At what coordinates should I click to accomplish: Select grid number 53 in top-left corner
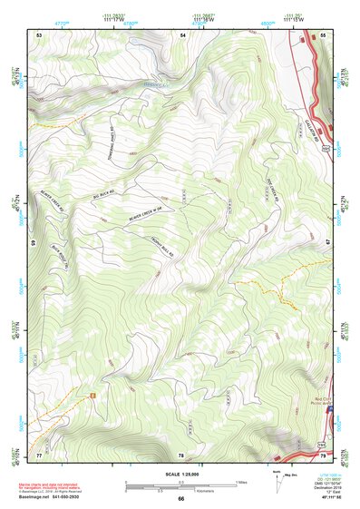(x=40, y=34)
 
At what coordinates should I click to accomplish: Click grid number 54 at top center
(x=182, y=34)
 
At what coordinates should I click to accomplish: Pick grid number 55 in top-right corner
(x=322, y=34)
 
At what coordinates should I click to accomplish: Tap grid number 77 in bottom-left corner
(x=39, y=453)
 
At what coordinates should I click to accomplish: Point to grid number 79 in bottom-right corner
(x=323, y=453)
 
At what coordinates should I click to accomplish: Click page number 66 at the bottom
(x=180, y=498)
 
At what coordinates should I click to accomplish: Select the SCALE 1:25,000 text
(x=180, y=475)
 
